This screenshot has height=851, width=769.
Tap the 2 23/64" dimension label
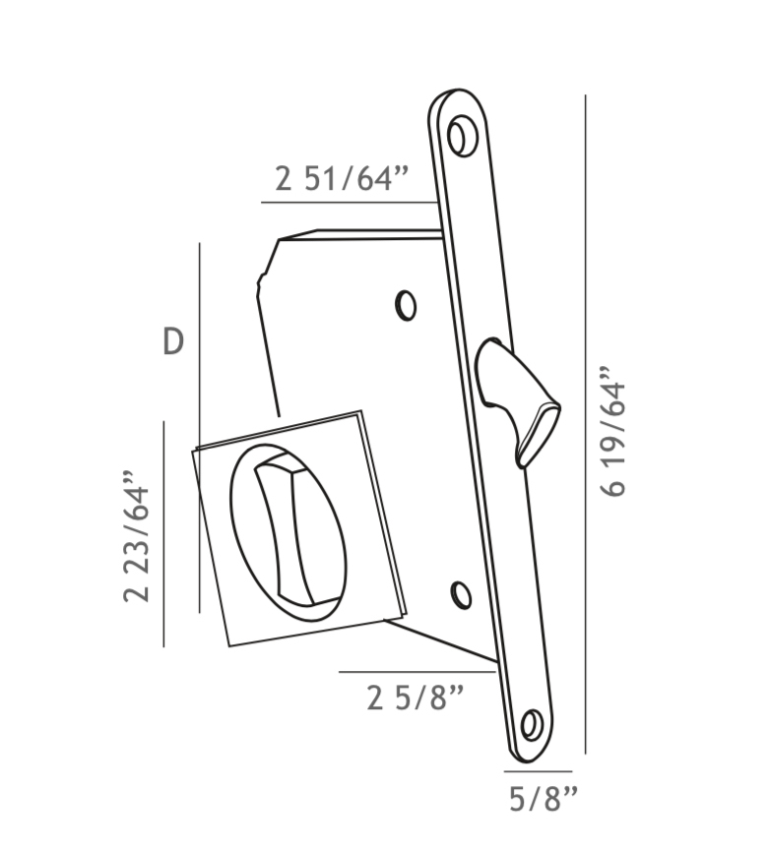(x=137, y=542)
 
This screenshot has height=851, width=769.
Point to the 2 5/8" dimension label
(x=415, y=698)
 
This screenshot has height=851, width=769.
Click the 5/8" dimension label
(x=543, y=799)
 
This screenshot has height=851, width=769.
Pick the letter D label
(x=172, y=342)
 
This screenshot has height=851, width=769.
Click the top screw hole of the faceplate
(x=460, y=136)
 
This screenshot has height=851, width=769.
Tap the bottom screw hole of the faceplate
(x=532, y=726)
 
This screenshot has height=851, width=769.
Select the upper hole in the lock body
(x=406, y=305)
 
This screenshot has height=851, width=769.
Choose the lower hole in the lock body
(x=460, y=595)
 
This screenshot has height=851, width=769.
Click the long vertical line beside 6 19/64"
(x=586, y=423)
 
